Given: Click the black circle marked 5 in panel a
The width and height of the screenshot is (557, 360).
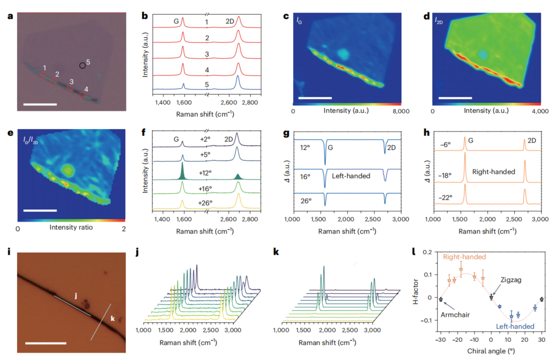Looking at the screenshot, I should coord(82,66).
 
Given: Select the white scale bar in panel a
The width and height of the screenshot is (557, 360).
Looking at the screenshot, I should coord(40,105).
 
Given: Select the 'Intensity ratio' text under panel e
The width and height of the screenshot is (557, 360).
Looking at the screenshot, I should coord(71,228).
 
